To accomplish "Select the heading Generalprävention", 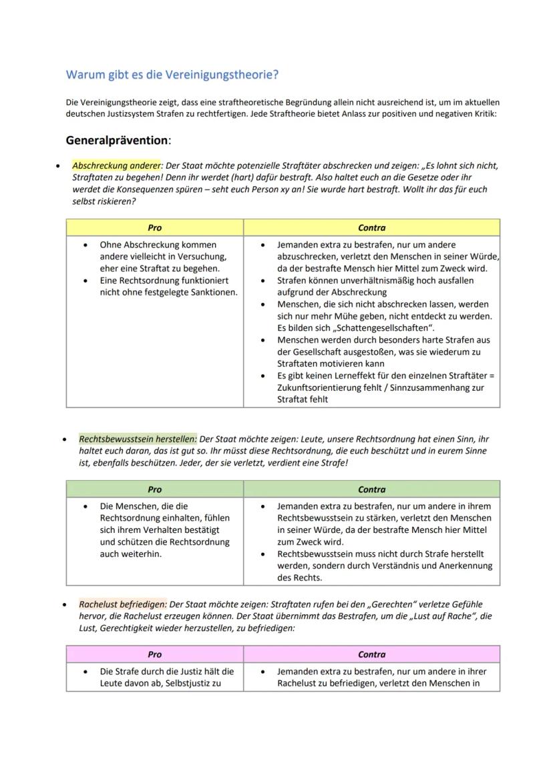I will coord(116,141).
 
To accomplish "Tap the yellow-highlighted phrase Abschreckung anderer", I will coord(116,165).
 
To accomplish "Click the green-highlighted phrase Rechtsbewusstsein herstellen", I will coord(138,440).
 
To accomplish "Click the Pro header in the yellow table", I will coord(154,227).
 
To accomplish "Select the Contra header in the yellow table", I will coord(371,227).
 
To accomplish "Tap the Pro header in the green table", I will coord(154,489).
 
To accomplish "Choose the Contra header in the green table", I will coord(371,489).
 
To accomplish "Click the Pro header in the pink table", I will coord(154,654).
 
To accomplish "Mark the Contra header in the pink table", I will coord(371,654).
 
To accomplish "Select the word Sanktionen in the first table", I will coord(213,291).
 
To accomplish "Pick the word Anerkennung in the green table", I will coord(468,566).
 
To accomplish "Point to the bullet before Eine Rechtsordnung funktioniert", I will coord(85,280).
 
